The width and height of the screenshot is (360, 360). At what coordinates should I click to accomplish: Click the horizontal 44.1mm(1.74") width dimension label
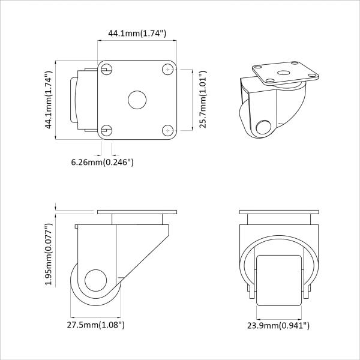137,34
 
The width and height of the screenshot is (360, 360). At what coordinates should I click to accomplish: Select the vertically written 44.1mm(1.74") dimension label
48,100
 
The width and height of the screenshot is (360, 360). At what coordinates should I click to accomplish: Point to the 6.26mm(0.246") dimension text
102,162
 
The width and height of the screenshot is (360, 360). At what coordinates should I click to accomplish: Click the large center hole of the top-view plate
137,100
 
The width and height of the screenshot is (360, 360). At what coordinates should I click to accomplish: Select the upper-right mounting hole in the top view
167,69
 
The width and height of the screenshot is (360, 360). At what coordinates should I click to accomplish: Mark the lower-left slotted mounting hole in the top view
106,130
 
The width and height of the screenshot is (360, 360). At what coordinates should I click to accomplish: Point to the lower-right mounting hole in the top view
167,130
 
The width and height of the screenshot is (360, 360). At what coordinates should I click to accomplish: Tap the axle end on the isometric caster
263,127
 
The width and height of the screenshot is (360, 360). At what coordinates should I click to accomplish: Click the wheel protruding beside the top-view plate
78,100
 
